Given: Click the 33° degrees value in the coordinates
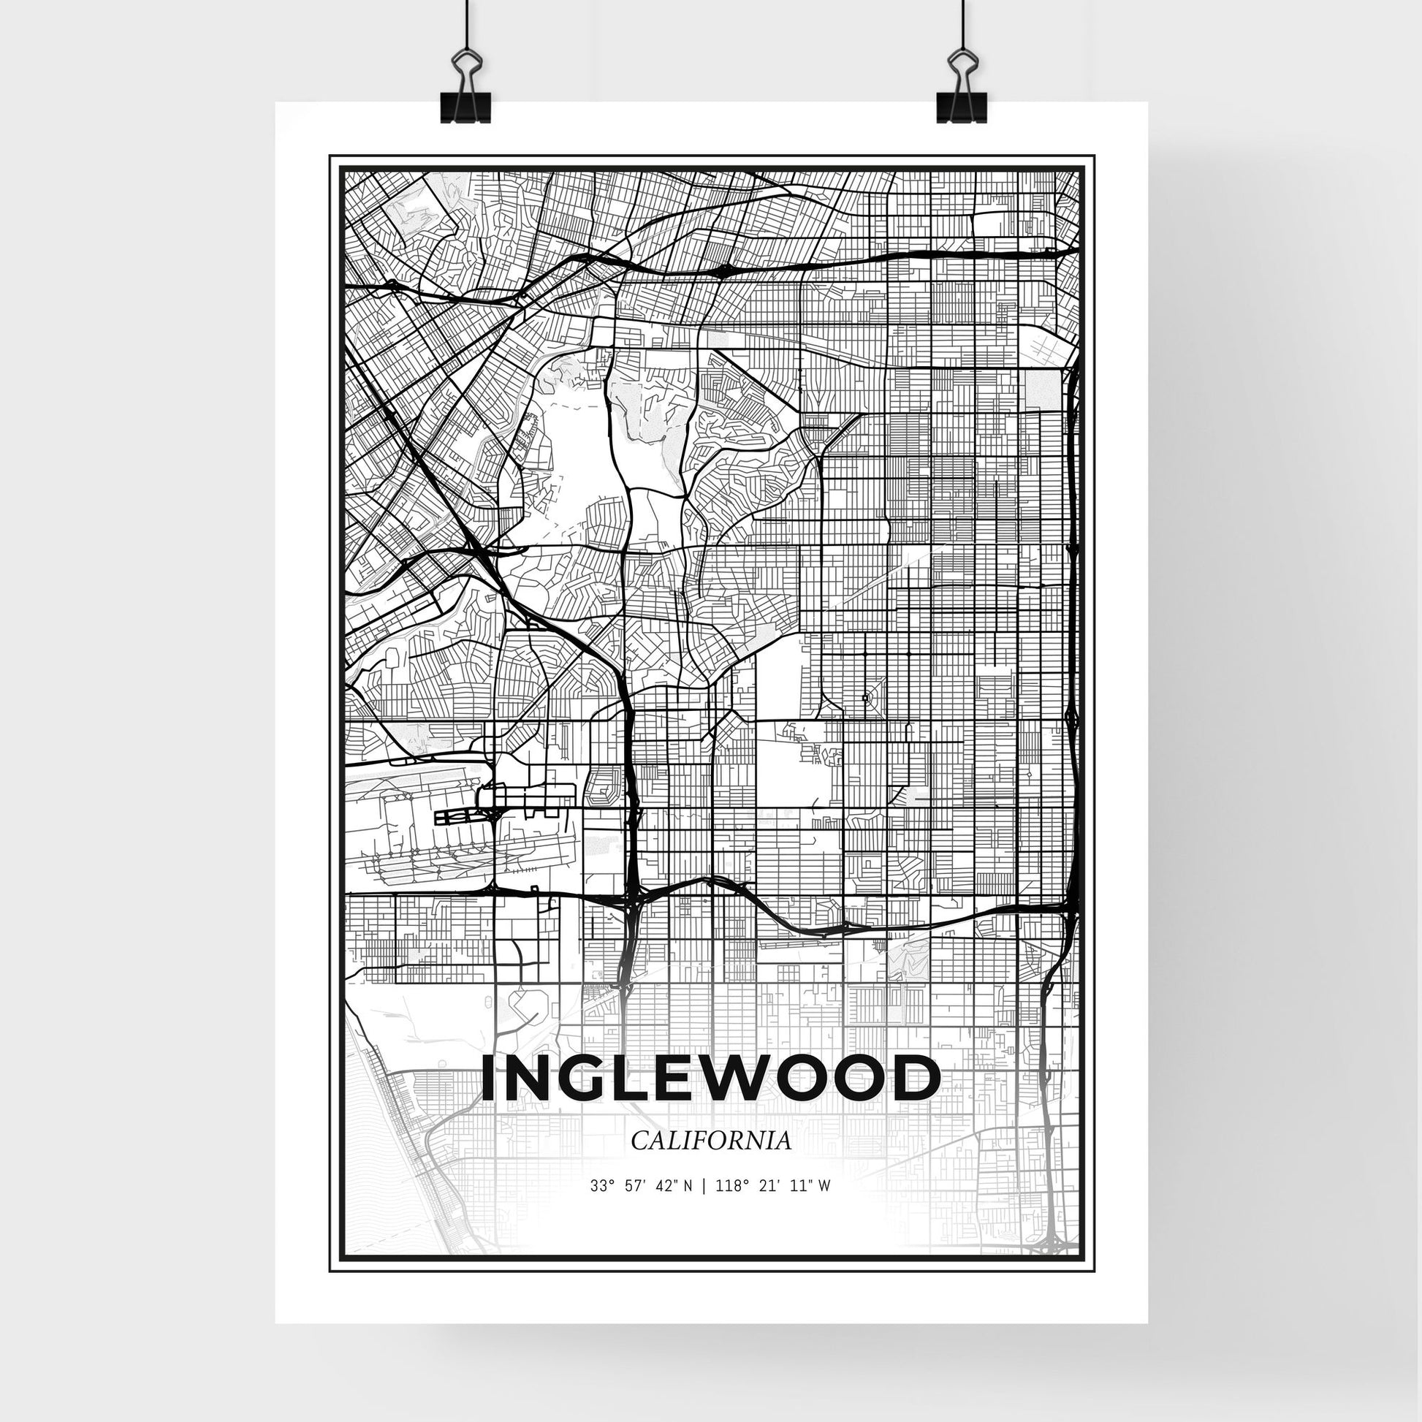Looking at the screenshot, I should click(x=601, y=1187).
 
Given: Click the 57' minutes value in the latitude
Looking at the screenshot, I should click(x=631, y=1187).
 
